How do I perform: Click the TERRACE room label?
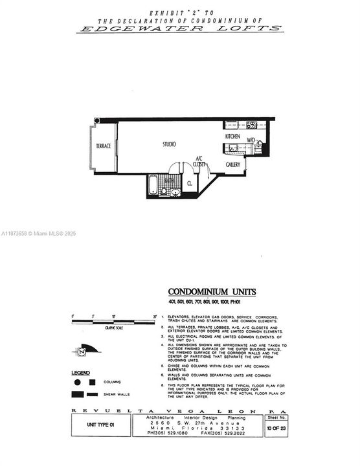point(104,146)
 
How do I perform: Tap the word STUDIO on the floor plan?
point(169,144)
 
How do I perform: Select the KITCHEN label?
point(232,137)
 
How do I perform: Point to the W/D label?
point(251,138)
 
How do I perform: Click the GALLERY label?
point(233,164)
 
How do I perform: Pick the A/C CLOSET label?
point(199,162)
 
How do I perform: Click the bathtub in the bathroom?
point(153,186)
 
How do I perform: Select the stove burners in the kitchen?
point(251,125)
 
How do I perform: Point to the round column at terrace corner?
point(96,121)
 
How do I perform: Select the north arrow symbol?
point(83,351)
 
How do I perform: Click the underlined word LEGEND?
point(81,373)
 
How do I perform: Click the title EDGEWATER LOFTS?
point(179,28)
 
